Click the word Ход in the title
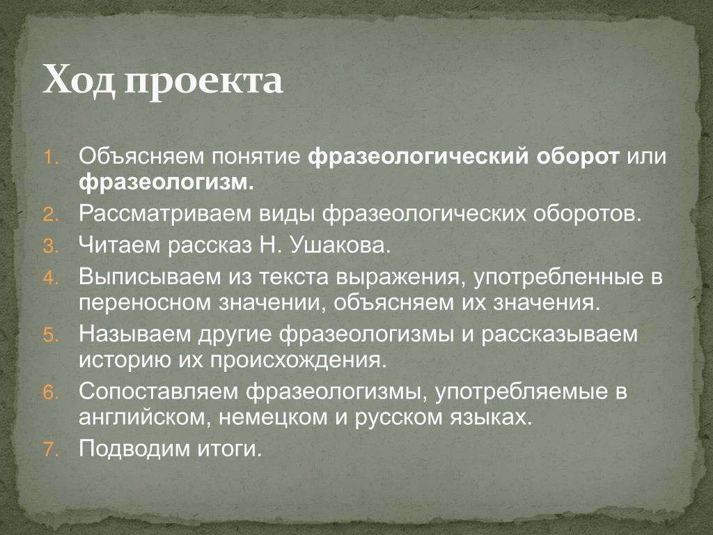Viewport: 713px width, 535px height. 79,79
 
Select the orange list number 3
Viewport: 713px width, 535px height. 51,246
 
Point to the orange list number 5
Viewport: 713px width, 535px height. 51,335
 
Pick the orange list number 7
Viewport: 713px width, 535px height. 51,449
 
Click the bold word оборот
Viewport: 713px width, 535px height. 577,157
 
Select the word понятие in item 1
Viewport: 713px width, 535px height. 256,157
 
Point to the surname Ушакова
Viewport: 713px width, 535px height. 340,246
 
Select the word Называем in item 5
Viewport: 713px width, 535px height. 134,334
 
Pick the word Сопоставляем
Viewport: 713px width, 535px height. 158,391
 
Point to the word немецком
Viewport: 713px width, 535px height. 273,418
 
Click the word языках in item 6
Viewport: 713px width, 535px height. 491,417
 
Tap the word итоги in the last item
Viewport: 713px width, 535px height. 230,449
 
